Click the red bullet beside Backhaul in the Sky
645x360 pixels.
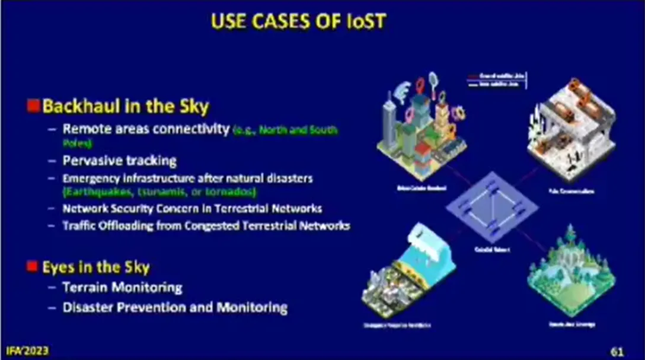click(x=33, y=107)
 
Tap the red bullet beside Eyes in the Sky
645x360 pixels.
click(x=33, y=266)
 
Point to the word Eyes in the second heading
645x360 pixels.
click(x=58, y=267)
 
